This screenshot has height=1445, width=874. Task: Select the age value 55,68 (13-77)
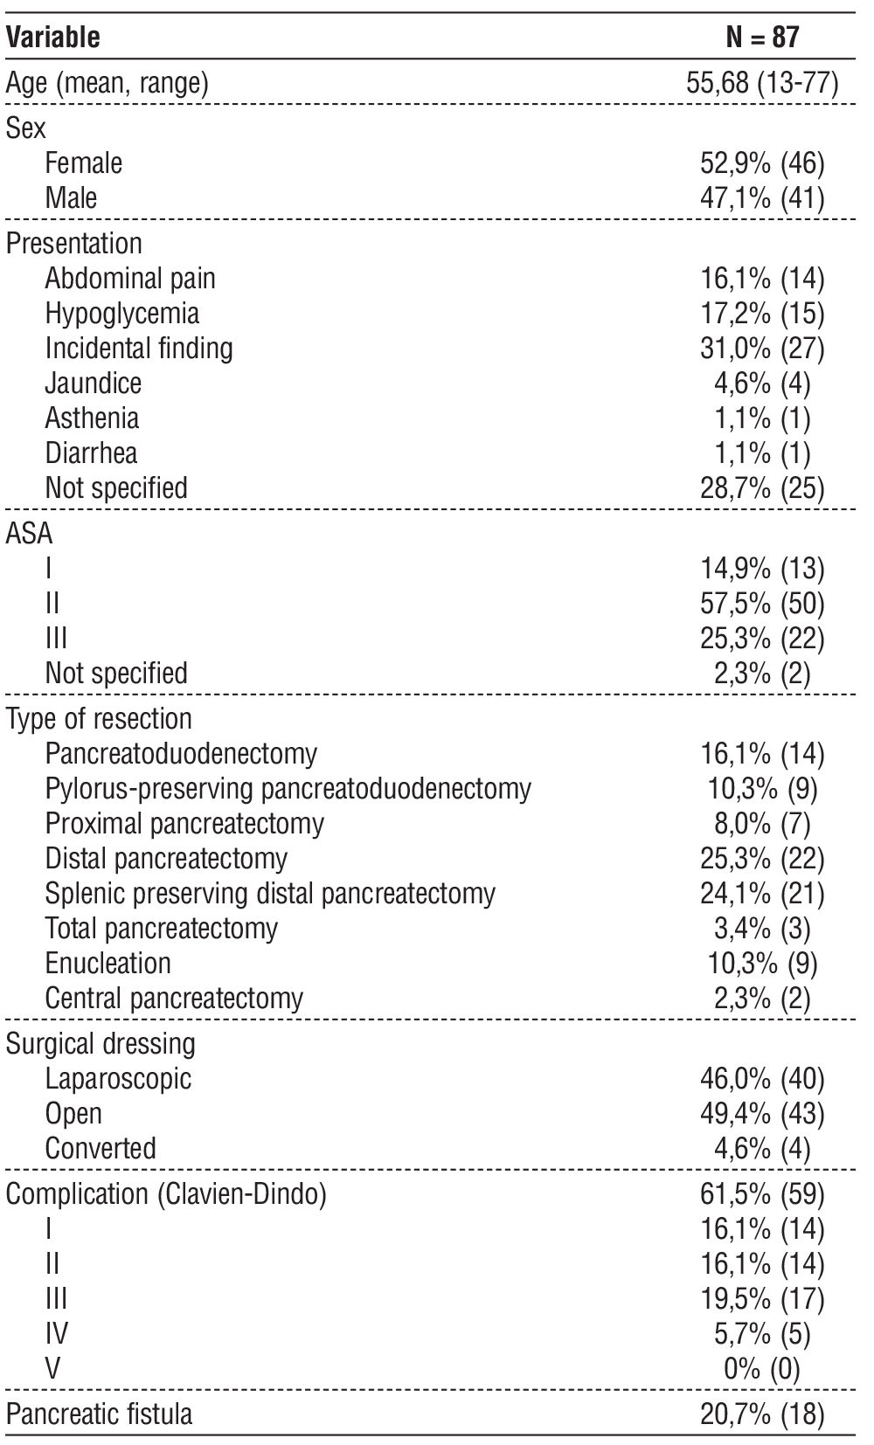762,84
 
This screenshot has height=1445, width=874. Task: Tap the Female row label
84,163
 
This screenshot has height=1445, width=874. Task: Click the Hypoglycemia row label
121,314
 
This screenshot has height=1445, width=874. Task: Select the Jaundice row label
93,384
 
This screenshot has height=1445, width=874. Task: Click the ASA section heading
29,534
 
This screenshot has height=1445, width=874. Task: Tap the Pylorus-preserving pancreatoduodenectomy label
288,789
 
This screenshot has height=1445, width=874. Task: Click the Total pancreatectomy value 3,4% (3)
762,929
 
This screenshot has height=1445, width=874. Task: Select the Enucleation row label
108,964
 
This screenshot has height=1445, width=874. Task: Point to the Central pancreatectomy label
174,999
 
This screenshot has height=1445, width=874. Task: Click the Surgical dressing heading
101,1044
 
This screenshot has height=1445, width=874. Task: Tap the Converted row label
101,1149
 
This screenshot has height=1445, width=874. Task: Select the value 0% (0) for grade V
762,1369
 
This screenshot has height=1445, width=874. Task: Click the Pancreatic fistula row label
99,1414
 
